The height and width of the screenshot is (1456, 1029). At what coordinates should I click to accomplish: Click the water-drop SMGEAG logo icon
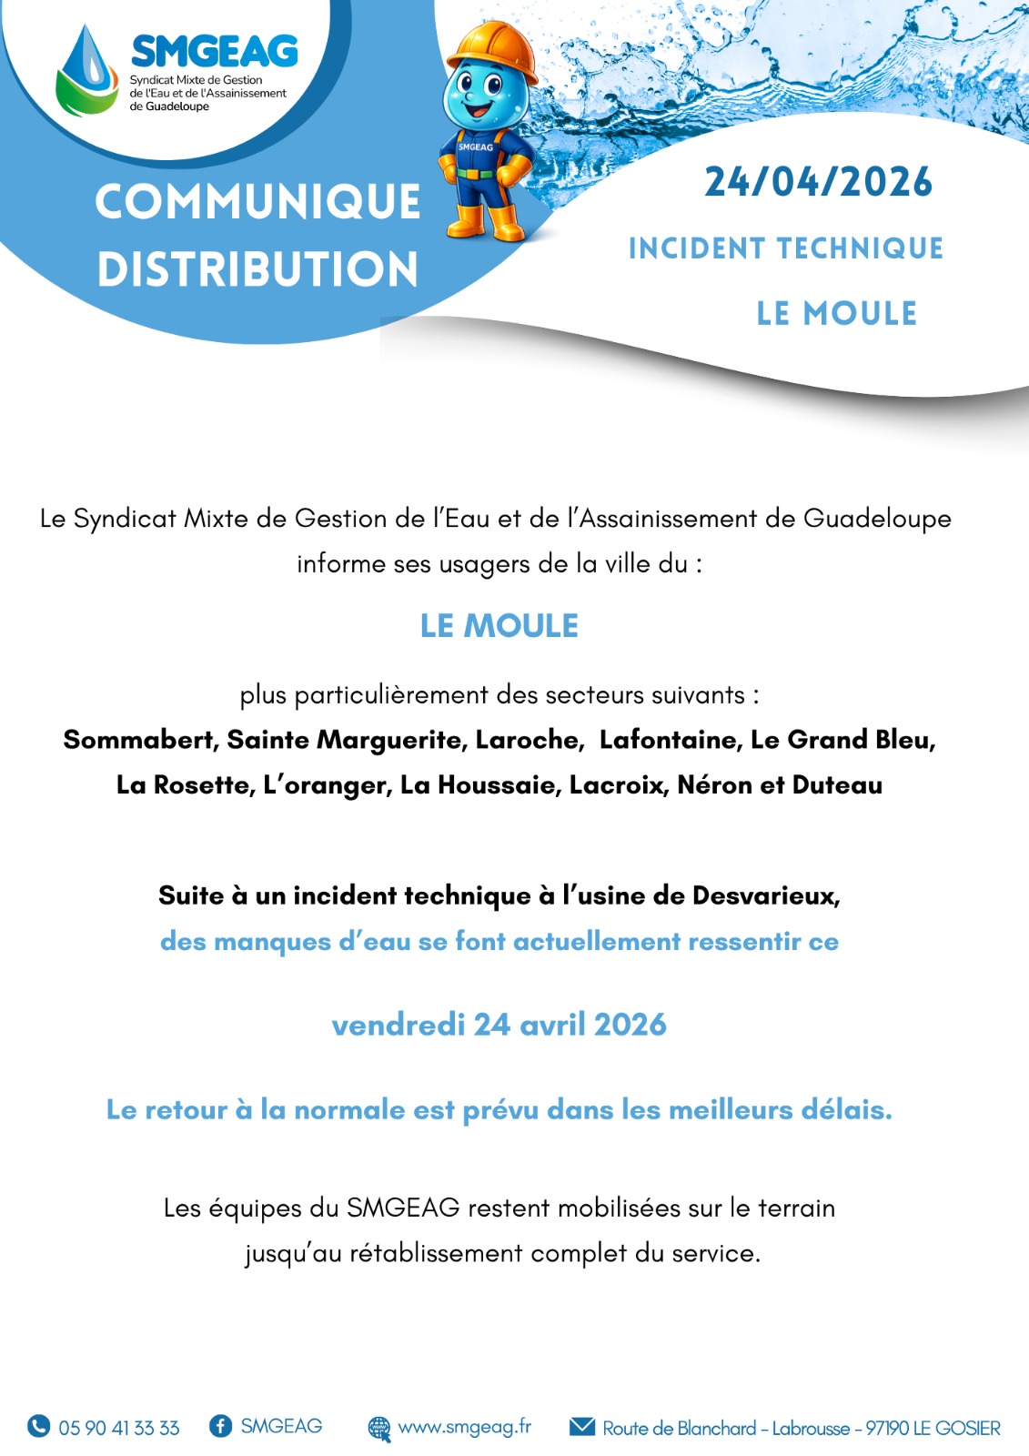click(87, 71)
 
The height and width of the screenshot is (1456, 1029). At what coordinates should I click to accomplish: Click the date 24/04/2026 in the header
click(818, 182)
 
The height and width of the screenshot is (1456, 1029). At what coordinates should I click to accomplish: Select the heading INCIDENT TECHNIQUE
click(785, 248)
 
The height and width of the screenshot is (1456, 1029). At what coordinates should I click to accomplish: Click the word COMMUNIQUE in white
click(257, 201)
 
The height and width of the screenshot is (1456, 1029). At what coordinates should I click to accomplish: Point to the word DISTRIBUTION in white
click(257, 269)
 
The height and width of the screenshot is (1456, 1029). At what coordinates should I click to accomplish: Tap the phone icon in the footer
click(38, 1426)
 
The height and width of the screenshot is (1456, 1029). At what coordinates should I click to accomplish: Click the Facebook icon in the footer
click(220, 1426)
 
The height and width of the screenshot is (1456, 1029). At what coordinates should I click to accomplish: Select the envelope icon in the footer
click(582, 1426)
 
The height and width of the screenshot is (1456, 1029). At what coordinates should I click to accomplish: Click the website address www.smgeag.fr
click(464, 1426)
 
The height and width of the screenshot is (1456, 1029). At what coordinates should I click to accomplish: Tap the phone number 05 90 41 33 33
click(119, 1428)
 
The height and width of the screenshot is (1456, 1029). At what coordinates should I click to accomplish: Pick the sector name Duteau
click(837, 785)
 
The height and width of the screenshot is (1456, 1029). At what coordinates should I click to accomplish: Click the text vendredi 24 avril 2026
click(499, 1025)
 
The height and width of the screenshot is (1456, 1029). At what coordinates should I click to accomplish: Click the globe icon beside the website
click(379, 1428)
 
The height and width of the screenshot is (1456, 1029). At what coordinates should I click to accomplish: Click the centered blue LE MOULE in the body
click(499, 626)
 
